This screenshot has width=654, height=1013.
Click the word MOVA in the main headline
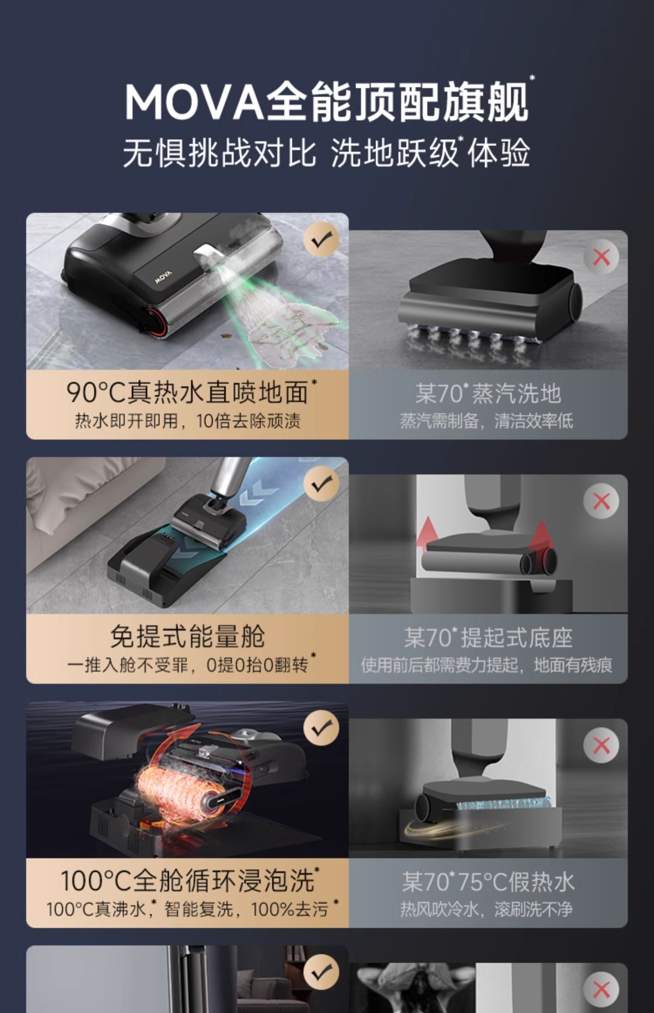[194, 102]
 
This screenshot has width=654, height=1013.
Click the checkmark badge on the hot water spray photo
[321, 240]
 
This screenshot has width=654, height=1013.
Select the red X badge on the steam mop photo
[601, 257]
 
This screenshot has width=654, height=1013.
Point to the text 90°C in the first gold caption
[96, 393]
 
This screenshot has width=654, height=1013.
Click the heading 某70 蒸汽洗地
[488, 393]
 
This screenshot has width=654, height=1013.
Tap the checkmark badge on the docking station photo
[321, 483]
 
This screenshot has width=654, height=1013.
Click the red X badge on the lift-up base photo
[601, 501]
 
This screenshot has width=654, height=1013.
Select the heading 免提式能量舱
[187, 637]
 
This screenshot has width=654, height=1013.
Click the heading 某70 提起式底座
[488, 637]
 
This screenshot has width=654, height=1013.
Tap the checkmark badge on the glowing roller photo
[321, 728]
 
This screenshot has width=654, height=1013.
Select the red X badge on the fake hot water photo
[601, 745]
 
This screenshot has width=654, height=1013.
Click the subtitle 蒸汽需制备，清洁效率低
[487, 421]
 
